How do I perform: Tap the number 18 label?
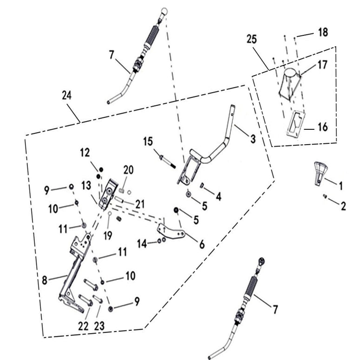coord(323,33)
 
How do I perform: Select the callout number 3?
coord(253,139)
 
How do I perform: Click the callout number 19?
coord(108,236)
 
